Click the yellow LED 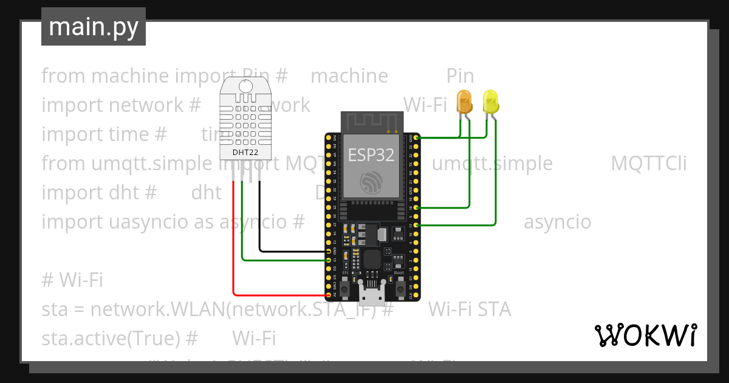pyautogui.click(x=490, y=102)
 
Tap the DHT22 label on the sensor pyautogui.click(x=245, y=153)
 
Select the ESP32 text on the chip pyautogui.click(x=371, y=155)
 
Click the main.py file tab pyautogui.click(x=94, y=27)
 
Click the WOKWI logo pyautogui.click(x=645, y=335)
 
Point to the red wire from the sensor pyautogui.click(x=233, y=243)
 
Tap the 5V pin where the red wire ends pyautogui.click(x=329, y=295)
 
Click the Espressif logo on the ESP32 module pyautogui.click(x=371, y=182)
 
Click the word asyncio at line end pyautogui.click(x=557, y=222)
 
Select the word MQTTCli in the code pyautogui.click(x=649, y=164)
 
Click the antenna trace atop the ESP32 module pyautogui.click(x=371, y=122)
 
